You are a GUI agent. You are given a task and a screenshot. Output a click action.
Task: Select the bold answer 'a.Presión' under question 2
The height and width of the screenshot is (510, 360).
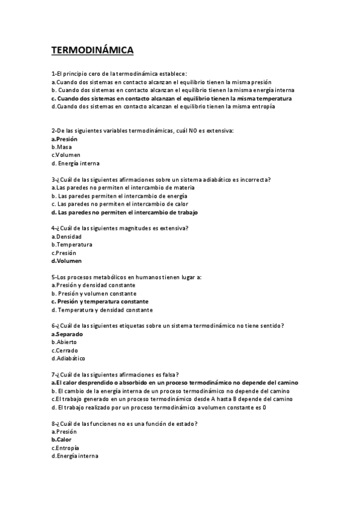coord(64,138)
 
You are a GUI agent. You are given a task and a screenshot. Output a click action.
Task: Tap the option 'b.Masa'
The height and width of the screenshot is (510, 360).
coord(62,147)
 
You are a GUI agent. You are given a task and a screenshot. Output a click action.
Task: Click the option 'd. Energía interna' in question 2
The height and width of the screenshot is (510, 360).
coord(75,163)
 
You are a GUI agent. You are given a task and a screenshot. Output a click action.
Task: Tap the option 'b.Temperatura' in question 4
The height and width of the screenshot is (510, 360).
coord(72,245)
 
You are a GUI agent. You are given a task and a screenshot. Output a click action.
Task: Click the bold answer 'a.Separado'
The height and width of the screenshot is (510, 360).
coord(67,334)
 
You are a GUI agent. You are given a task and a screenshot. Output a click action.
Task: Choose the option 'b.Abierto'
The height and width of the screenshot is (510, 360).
coord(64,342)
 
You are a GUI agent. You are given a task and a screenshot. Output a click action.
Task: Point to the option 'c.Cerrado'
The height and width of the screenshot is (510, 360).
coord(65,351)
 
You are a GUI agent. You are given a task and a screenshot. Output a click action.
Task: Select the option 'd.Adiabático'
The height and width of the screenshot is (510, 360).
coord(69,358)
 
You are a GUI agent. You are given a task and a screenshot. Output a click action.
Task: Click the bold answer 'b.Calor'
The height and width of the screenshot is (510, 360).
coord(61,440)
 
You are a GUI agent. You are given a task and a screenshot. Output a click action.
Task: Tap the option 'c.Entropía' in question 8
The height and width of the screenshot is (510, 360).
coord(66,448)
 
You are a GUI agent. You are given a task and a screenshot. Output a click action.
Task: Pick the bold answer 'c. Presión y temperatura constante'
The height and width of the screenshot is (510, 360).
coord(100,301)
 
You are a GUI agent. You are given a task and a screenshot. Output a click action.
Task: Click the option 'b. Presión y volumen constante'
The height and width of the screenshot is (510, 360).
coord(93,293)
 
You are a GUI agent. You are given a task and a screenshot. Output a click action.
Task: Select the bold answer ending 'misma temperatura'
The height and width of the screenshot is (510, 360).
coord(172,98)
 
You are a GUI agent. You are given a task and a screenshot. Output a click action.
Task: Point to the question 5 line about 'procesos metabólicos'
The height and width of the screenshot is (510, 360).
coord(126,277)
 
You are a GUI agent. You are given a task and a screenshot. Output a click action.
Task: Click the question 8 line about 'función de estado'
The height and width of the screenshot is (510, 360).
coord(125,423)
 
